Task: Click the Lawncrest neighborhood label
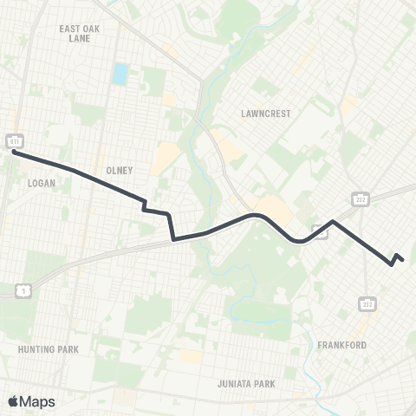tap(267, 114)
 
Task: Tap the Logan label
tap(42, 184)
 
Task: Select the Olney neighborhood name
tap(119, 171)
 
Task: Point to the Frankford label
tap(365, 345)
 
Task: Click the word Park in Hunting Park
tap(67, 349)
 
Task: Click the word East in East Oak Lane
tap(68, 29)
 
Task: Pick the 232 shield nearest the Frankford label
tap(367, 304)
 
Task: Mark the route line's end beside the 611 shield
tap(15, 153)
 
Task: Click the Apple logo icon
tap(14, 401)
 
